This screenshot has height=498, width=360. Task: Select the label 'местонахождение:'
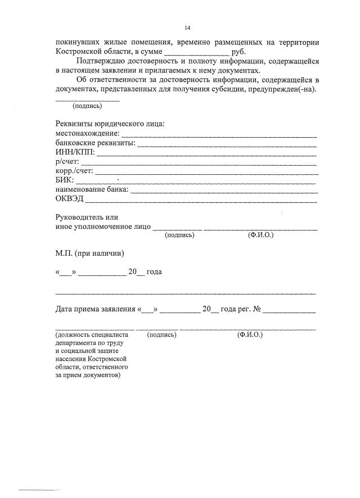(87, 133)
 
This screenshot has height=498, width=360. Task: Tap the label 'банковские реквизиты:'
(96, 143)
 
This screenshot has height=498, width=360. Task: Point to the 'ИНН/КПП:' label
(75, 152)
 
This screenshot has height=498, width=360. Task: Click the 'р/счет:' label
(67, 162)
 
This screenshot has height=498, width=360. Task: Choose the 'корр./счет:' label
(74, 171)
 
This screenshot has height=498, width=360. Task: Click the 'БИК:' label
(64, 180)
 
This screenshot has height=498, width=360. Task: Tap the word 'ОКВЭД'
(69, 199)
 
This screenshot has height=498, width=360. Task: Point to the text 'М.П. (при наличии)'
(89, 253)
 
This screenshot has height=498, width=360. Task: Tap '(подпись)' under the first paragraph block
(87, 105)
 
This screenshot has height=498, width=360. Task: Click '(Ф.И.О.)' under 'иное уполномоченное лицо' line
(260, 234)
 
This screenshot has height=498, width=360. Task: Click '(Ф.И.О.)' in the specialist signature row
(250, 334)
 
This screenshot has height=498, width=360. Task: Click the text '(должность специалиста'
(92, 334)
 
